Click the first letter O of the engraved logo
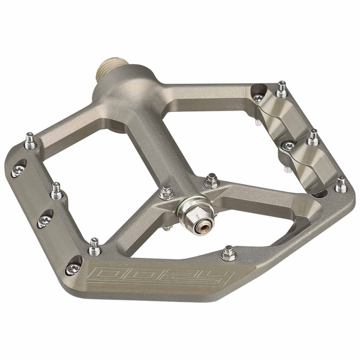tap(103, 274)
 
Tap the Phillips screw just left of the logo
tap(73, 268)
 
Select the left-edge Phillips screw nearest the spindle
tap(18, 171)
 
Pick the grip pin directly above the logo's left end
tap(94, 247)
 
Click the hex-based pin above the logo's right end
tap(229, 253)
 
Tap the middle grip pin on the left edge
tap(56, 191)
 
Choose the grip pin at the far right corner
tap(341, 184)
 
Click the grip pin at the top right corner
tap(282, 89)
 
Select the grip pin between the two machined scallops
tap(313, 137)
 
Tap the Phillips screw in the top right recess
tap(258, 97)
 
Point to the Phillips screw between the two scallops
tap(288, 145)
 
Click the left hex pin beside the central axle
tap(166, 193)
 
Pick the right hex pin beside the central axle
tap(211, 181)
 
